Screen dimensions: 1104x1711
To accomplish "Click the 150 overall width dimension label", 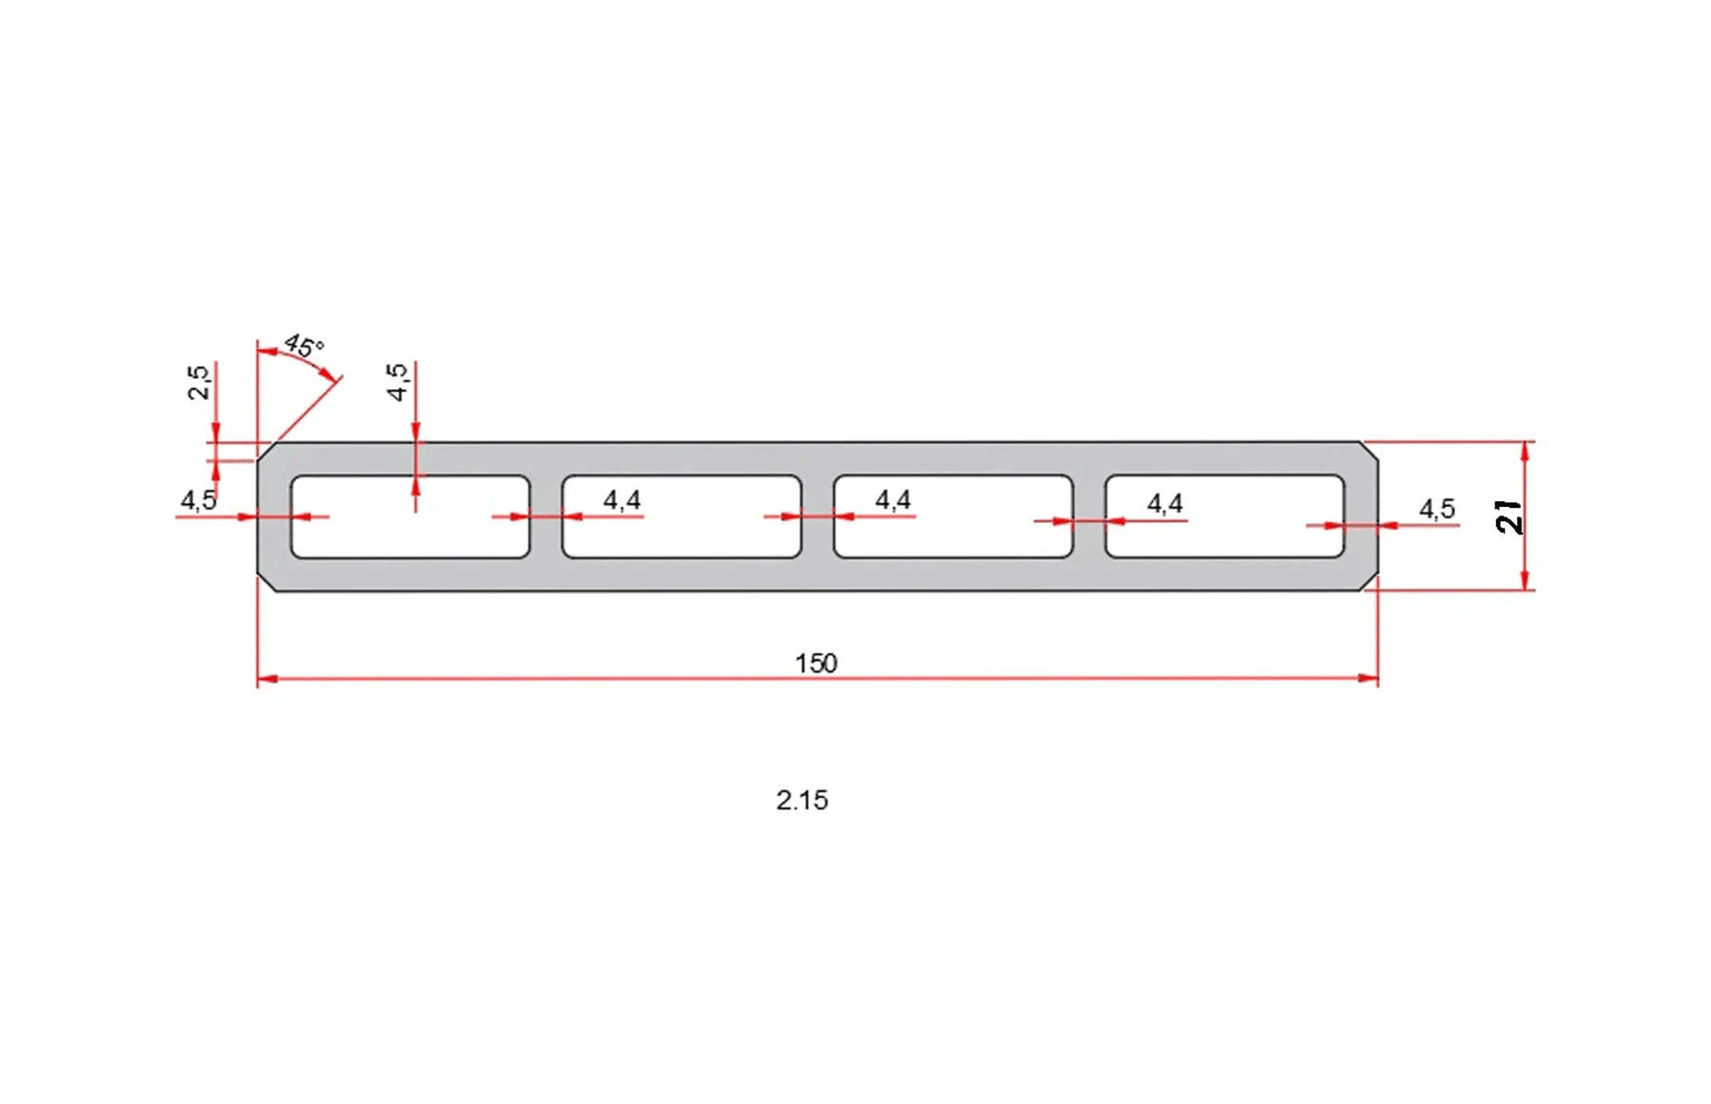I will (x=816, y=663).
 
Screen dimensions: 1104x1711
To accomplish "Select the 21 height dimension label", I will (x=1509, y=516).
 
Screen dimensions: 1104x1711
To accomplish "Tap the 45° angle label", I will (x=304, y=346).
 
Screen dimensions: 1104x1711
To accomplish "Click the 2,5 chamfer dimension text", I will (x=199, y=382).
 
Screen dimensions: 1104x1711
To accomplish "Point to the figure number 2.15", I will (x=801, y=800).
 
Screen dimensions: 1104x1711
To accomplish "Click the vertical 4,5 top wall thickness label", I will (x=397, y=381).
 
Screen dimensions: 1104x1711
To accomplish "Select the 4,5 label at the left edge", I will (x=199, y=499).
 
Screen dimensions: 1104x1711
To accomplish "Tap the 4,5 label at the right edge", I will (x=1436, y=509).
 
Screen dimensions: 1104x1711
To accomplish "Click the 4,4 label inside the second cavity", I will (x=622, y=499).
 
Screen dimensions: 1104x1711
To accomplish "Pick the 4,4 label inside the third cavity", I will (x=893, y=499).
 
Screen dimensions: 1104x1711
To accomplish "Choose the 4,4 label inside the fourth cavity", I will (x=1164, y=503).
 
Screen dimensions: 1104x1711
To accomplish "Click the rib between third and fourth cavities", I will (x=1088, y=537).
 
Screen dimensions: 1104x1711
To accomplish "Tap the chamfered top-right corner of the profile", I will (x=1369, y=452).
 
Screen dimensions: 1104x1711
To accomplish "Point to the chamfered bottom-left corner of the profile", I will (x=267, y=581).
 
